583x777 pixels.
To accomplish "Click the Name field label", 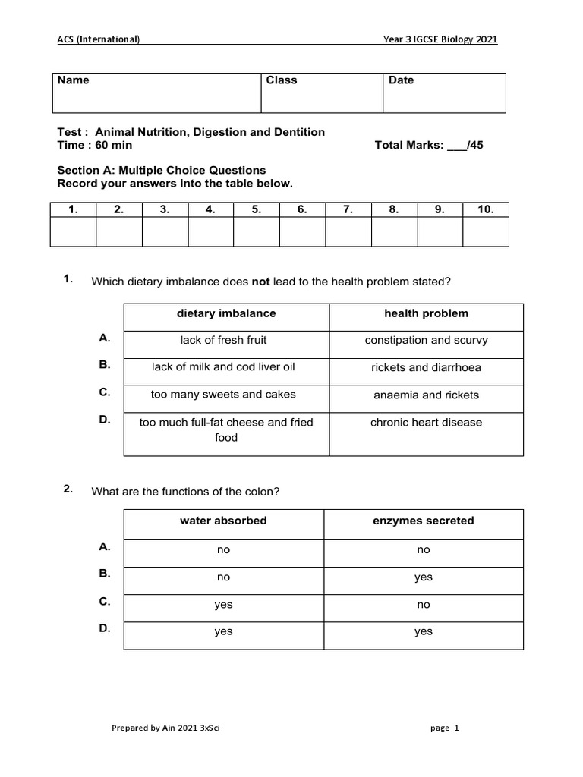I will pyautogui.click(x=74, y=80).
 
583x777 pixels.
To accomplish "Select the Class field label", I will pyautogui.click(x=282, y=80).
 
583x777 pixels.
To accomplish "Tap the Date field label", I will pyautogui.click(x=401, y=80).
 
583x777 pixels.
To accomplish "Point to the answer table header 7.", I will pyautogui.click(x=348, y=210).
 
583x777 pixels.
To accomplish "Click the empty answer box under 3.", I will pyautogui.click(x=165, y=232).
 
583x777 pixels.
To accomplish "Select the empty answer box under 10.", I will pyautogui.click(x=486, y=232).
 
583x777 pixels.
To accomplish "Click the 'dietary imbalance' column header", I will pyautogui.click(x=226, y=313).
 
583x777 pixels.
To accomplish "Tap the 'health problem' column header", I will pyautogui.click(x=426, y=313).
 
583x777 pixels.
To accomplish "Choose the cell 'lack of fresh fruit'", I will pyautogui.click(x=223, y=341).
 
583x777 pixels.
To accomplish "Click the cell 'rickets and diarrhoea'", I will pyautogui.click(x=426, y=368).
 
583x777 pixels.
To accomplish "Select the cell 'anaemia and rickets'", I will pyautogui.click(x=426, y=395).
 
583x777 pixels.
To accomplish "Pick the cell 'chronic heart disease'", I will pyautogui.click(x=426, y=423).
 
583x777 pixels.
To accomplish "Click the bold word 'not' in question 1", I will pyautogui.click(x=261, y=282).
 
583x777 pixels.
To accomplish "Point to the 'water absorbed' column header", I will pyautogui.click(x=223, y=521).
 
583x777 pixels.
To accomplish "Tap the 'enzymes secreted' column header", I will pyautogui.click(x=424, y=521).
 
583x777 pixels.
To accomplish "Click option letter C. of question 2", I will pyautogui.click(x=105, y=602).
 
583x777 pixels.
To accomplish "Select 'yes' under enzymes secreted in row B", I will pyautogui.click(x=424, y=577).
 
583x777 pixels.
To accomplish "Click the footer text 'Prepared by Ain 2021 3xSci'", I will pyautogui.click(x=166, y=728).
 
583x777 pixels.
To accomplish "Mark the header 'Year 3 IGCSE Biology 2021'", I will pyautogui.click(x=440, y=40).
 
